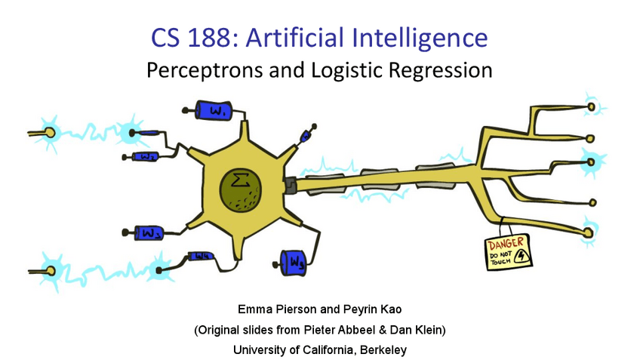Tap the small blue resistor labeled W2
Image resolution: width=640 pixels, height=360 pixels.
point(146,157)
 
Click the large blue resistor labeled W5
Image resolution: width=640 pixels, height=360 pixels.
point(293,262)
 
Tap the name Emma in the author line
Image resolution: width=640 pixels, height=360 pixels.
point(254,309)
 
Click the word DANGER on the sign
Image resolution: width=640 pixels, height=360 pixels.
point(505,245)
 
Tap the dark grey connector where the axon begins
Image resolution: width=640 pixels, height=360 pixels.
point(291,183)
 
